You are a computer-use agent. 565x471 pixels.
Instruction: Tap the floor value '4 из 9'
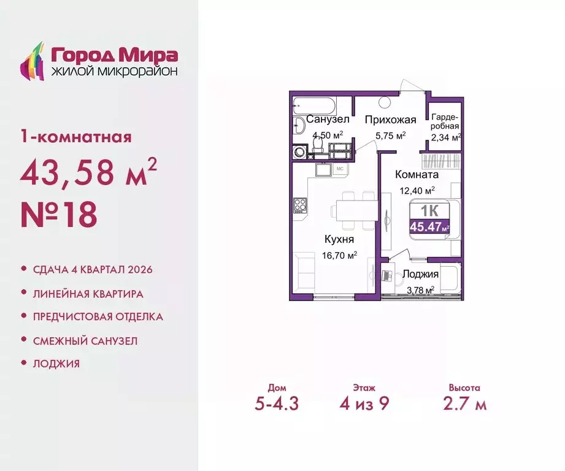click(364, 405)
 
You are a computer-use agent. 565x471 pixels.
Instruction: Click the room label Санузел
click(328, 119)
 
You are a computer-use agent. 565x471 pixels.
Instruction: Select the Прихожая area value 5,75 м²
click(390, 136)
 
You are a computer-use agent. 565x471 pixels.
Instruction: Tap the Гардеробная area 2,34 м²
click(445, 137)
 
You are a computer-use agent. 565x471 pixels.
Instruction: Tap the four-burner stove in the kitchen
click(299, 205)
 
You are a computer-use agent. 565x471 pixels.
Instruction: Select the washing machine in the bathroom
click(301, 151)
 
